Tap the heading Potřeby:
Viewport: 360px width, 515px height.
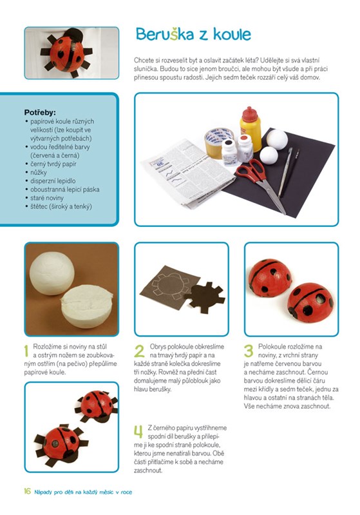(40, 112)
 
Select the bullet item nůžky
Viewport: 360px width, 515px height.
(39, 173)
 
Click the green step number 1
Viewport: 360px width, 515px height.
(26, 351)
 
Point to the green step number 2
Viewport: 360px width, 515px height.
(139, 351)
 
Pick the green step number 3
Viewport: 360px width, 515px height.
(249, 351)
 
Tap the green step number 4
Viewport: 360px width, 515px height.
(138, 432)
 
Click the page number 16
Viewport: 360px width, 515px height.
(27, 491)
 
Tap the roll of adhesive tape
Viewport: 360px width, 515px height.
(218, 143)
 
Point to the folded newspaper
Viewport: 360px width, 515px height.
(187, 173)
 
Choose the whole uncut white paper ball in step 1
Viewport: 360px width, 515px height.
(52, 273)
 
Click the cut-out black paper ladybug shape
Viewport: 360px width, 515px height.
(204, 297)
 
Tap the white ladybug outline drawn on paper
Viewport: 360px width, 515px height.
(173, 287)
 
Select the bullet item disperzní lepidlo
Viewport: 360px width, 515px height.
(53, 180)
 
